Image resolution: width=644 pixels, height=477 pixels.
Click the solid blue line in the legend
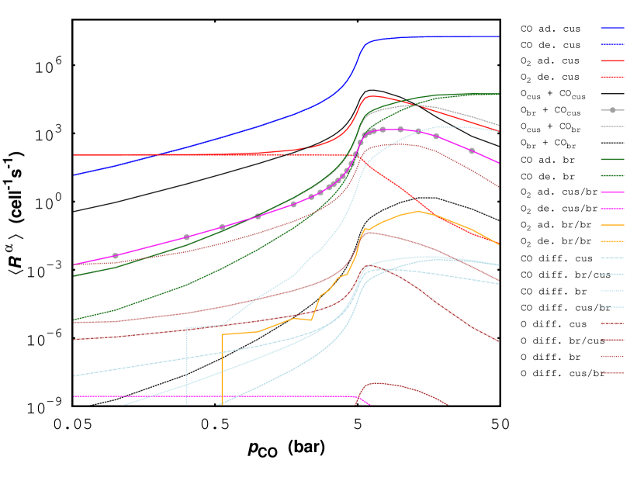pos(611,28)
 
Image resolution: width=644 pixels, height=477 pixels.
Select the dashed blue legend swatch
pos(611,44)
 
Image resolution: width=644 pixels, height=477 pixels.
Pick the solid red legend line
pos(611,60)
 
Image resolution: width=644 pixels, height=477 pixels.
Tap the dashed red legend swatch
pos(611,77)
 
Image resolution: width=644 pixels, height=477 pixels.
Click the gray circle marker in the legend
pos(612,110)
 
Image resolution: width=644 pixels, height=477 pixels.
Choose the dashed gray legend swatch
pos(611,126)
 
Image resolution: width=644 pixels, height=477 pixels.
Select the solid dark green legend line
pos(611,159)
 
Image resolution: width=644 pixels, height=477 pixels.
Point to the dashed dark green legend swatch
pos(611,175)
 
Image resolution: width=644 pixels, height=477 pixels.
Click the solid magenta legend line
pos(611,192)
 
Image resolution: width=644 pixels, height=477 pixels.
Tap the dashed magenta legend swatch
pos(611,208)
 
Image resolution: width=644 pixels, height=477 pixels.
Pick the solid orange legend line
pos(611,225)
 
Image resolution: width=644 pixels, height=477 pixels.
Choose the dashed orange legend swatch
pos(611,241)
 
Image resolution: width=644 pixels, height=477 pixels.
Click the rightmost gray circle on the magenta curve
pos(472,151)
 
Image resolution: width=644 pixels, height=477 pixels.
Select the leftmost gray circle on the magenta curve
pos(116,256)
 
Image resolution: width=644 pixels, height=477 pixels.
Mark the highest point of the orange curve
pos(418,211)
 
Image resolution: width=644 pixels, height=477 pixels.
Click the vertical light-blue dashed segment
pos(187,365)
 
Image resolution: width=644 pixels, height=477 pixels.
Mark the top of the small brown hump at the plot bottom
pos(376,382)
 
